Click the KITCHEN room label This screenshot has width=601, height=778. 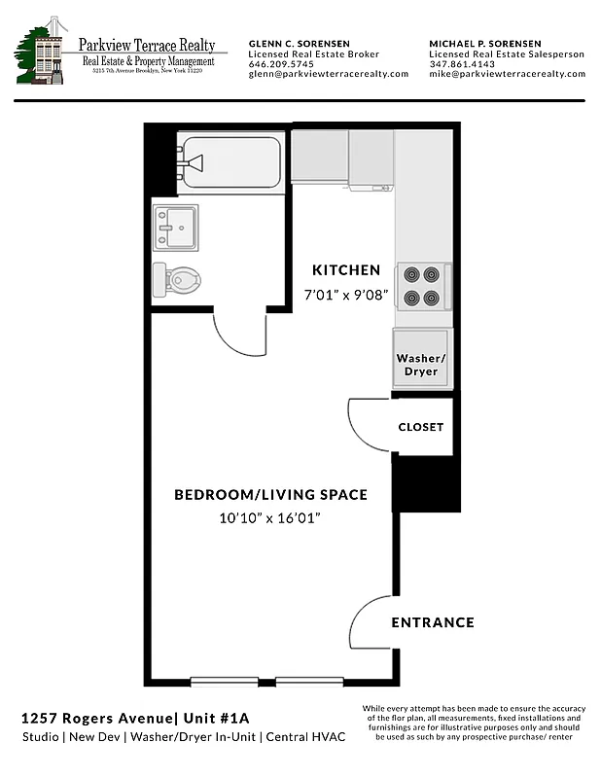coord(345,269)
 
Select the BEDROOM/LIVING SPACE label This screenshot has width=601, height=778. coord(270,495)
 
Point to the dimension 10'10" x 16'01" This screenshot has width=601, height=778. coord(270,518)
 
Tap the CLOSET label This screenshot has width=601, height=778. coord(420,427)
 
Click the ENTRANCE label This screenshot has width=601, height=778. coord(432,622)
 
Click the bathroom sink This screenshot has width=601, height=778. coord(176,228)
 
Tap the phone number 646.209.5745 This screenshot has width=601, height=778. coord(281,64)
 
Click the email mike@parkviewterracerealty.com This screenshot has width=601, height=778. coord(507,74)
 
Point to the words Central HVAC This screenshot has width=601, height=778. coord(309,738)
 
